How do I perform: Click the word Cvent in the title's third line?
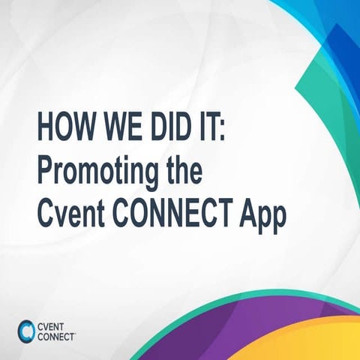(x=67, y=214)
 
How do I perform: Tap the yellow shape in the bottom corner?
(x=330, y=341)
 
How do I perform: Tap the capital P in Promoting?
(x=44, y=170)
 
